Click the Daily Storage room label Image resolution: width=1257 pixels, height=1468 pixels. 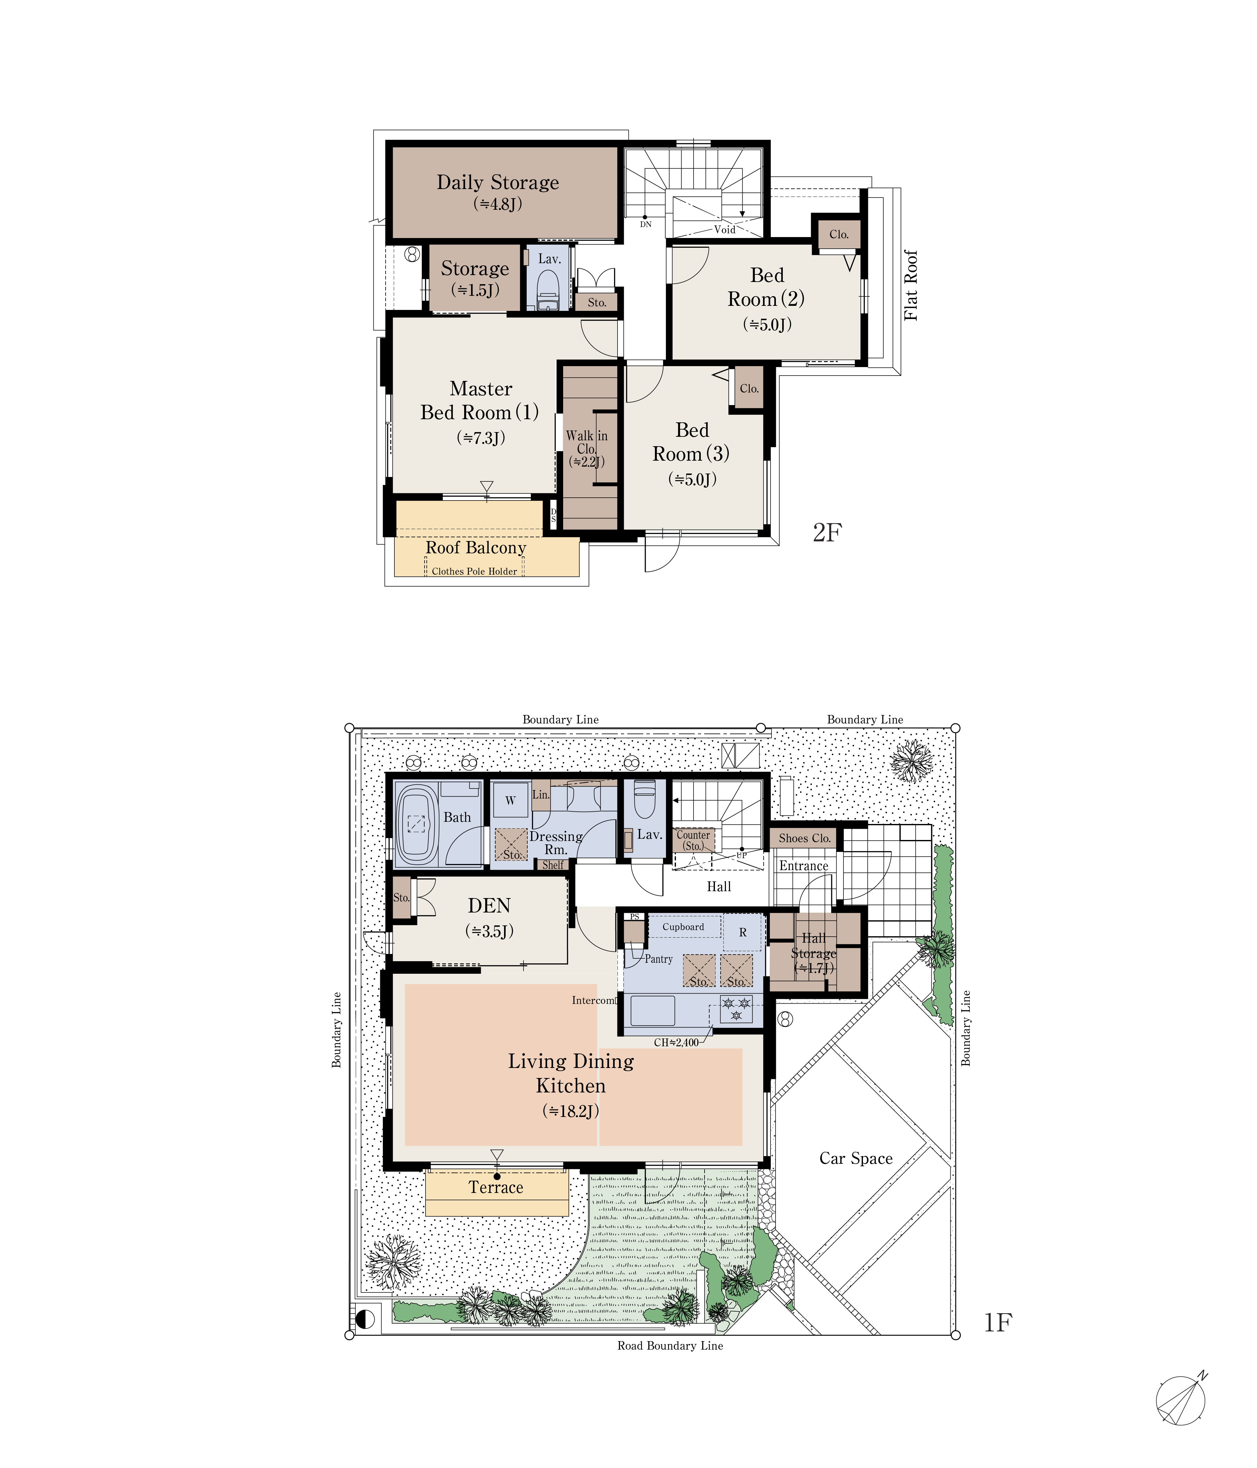click(498, 182)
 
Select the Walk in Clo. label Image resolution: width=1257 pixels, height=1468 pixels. click(586, 442)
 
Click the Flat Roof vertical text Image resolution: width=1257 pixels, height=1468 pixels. click(911, 285)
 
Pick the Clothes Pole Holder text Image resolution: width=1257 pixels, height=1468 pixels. click(474, 571)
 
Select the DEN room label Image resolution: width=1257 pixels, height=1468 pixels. click(489, 906)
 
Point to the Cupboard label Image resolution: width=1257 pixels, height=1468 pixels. click(683, 927)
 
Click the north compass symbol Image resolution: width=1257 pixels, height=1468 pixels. click(1181, 1401)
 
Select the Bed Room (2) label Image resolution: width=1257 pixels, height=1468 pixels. click(766, 287)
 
